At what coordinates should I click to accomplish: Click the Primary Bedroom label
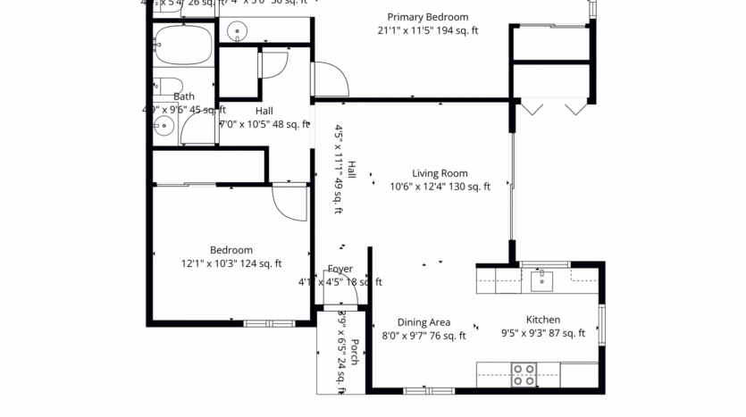427,17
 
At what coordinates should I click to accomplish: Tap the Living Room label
440,173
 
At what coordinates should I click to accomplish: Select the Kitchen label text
542,320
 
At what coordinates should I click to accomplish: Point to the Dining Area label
423,322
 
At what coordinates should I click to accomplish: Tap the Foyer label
339,269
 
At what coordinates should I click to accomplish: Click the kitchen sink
542,280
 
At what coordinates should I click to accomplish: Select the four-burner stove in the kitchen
524,374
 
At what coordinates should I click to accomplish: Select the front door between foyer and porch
340,309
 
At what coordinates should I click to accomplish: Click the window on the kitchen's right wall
602,323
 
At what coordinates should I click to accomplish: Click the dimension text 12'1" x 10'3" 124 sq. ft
231,263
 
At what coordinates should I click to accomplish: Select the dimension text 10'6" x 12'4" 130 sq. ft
440,188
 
